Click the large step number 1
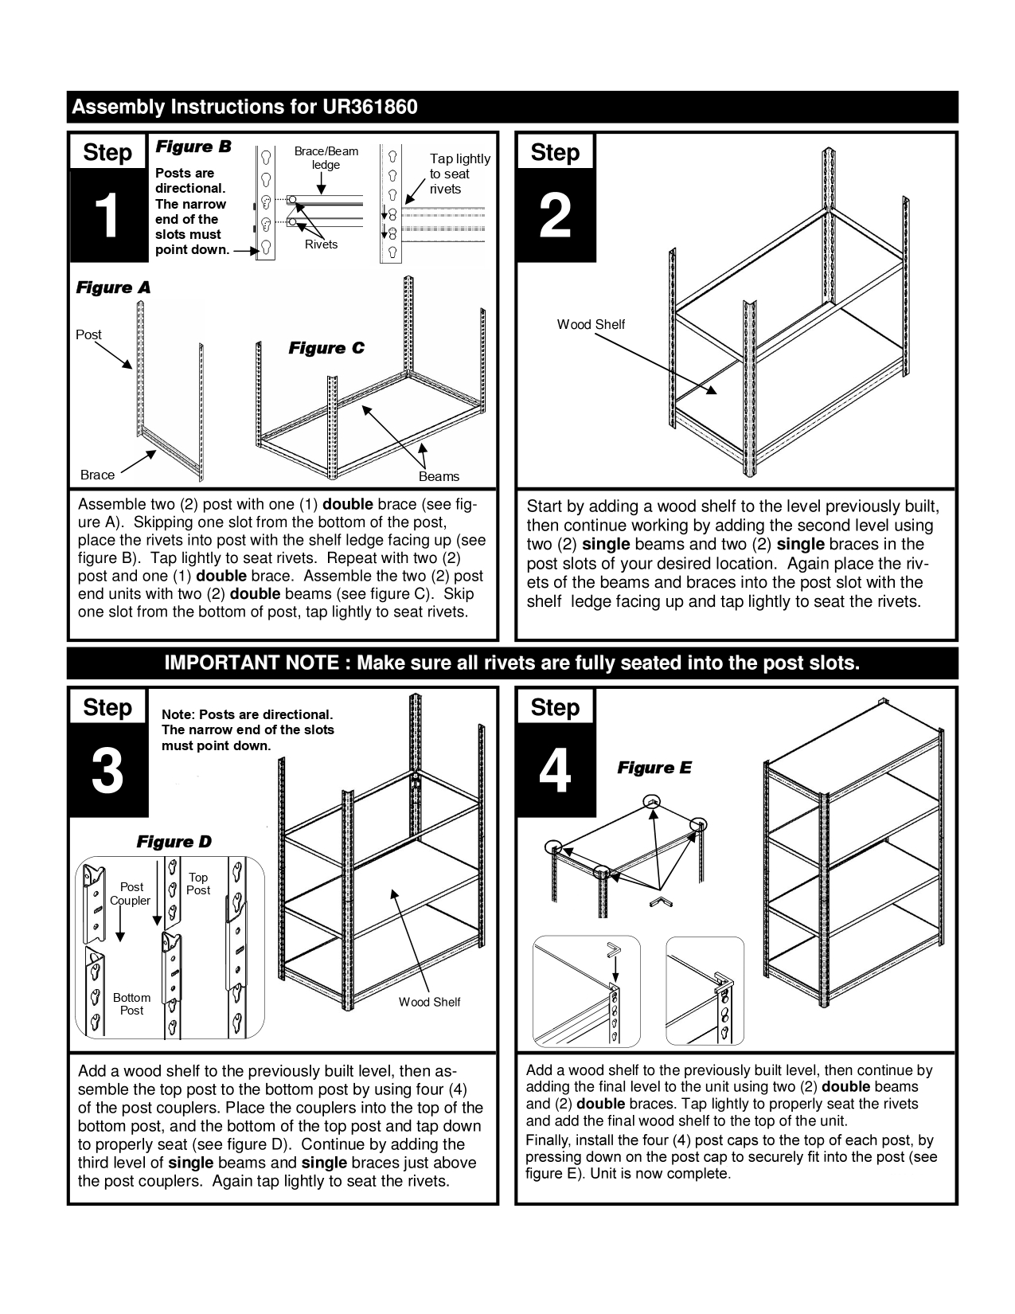pyautogui.click(x=107, y=216)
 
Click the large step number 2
pyautogui.click(x=555, y=216)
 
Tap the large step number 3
pyautogui.click(x=107, y=771)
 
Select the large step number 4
pyautogui.click(x=555, y=771)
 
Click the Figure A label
pyautogui.click(x=113, y=287)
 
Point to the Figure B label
pyautogui.click(x=193, y=147)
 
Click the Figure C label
pyautogui.click(x=326, y=348)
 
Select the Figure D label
pyautogui.click(x=174, y=842)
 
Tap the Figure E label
pyautogui.click(x=654, y=768)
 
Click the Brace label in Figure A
pyautogui.click(x=97, y=475)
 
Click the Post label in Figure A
pyautogui.click(x=88, y=334)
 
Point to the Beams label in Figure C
pyautogui.click(x=439, y=476)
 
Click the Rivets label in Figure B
pyautogui.click(x=321, y=244)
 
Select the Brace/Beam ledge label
pyautogui.click(x=326, y=158)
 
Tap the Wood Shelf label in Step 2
pyautogui.click(x=591, y=324)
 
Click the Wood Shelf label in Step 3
pyautogui.click(x=429, y=1002)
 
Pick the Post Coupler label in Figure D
pyautogui.click(x=131, y=894)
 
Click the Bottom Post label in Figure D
pyautogui.click(x=131, y=1003)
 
